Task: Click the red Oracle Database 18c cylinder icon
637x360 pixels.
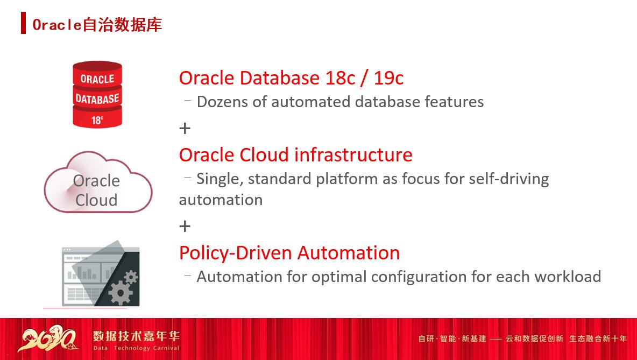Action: pyautogui.click(x=97, y=95)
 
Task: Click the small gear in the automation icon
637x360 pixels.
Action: pyautogui.click(x=131, y=277)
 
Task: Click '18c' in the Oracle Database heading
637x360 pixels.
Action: pyautogui.click(x=340, y=78)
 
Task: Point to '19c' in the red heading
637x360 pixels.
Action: pyautogui.click(x=388, y=78)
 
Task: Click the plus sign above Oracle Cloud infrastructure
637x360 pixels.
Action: pyautogui.click(x=185, y=128)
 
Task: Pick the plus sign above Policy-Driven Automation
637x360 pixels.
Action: pyautogui.click(x=185, y=226)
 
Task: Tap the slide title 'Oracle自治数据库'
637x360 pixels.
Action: pyautogui.click(x=97, y=25)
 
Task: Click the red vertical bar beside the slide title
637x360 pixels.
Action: pyautogui.click(x=23, y=24)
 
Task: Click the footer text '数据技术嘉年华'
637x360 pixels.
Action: pyautogui.click(x=136, y=336)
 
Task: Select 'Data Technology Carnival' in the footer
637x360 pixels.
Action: pyautogui.click(x=136, y=348)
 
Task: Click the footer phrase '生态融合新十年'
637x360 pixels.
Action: pyautogui.click(x=598, y=338)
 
